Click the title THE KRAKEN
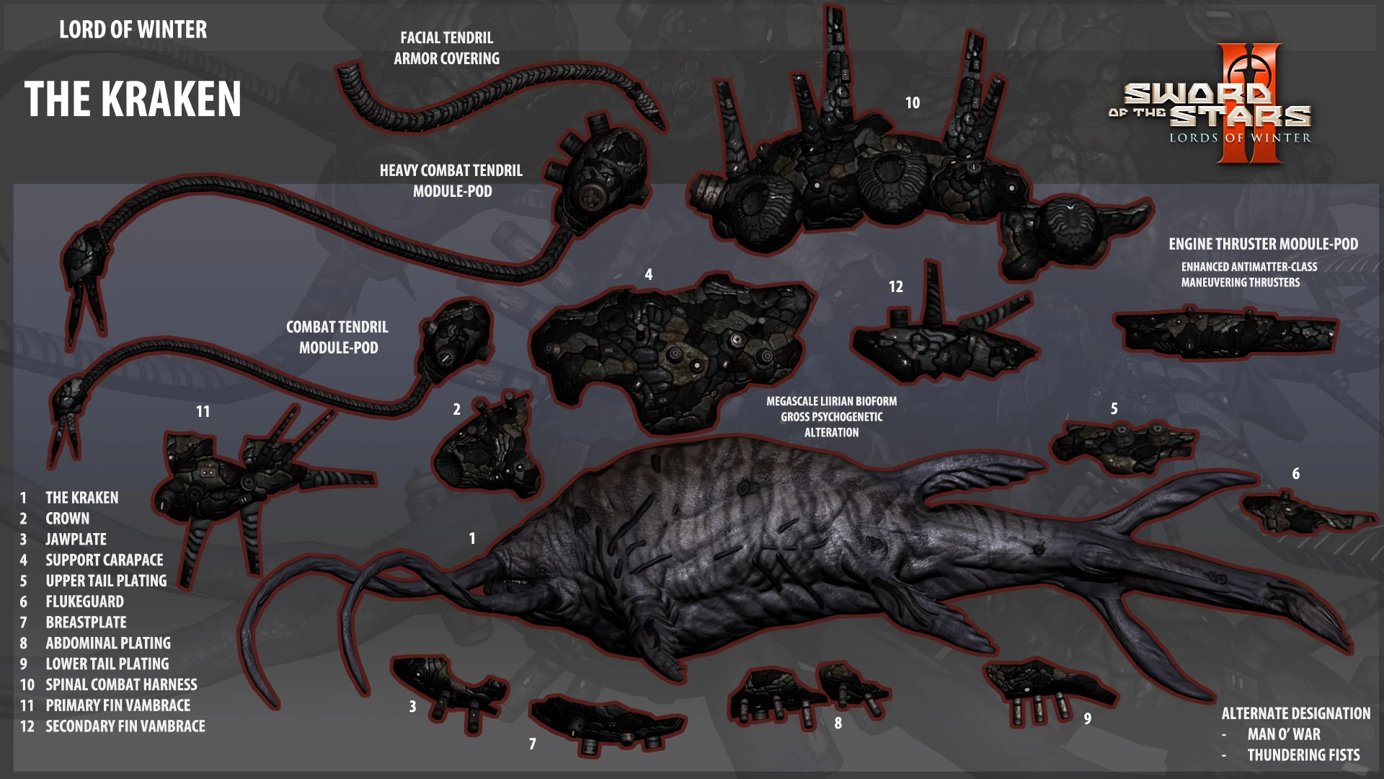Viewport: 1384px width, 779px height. [x=133, y=99]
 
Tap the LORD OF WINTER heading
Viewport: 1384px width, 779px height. [x=133, y=30]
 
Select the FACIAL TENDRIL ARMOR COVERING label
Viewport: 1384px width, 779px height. [x=447, y=48]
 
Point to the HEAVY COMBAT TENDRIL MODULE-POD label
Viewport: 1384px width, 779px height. [x=451, y=181]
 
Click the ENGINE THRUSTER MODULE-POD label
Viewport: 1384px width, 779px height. [x=1263, y=245]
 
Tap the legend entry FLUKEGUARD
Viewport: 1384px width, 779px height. [x=84, y=602]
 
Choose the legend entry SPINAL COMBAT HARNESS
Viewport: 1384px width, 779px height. [x=121, y=685]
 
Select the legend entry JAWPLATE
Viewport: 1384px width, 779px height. [x=76, y=540]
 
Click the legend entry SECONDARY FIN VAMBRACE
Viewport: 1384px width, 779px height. [x=125, y=726]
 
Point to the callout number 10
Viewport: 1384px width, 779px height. [x=913, y=103]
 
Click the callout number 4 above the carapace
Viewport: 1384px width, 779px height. [x=649, y=275]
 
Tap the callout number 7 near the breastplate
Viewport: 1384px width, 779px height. [x=533, y=744]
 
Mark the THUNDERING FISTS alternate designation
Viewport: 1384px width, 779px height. [x=1303, y=755]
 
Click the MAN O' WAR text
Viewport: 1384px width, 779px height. [x=1284, y=734]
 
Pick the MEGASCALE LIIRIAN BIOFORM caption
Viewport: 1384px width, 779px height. [x=832, y=401]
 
